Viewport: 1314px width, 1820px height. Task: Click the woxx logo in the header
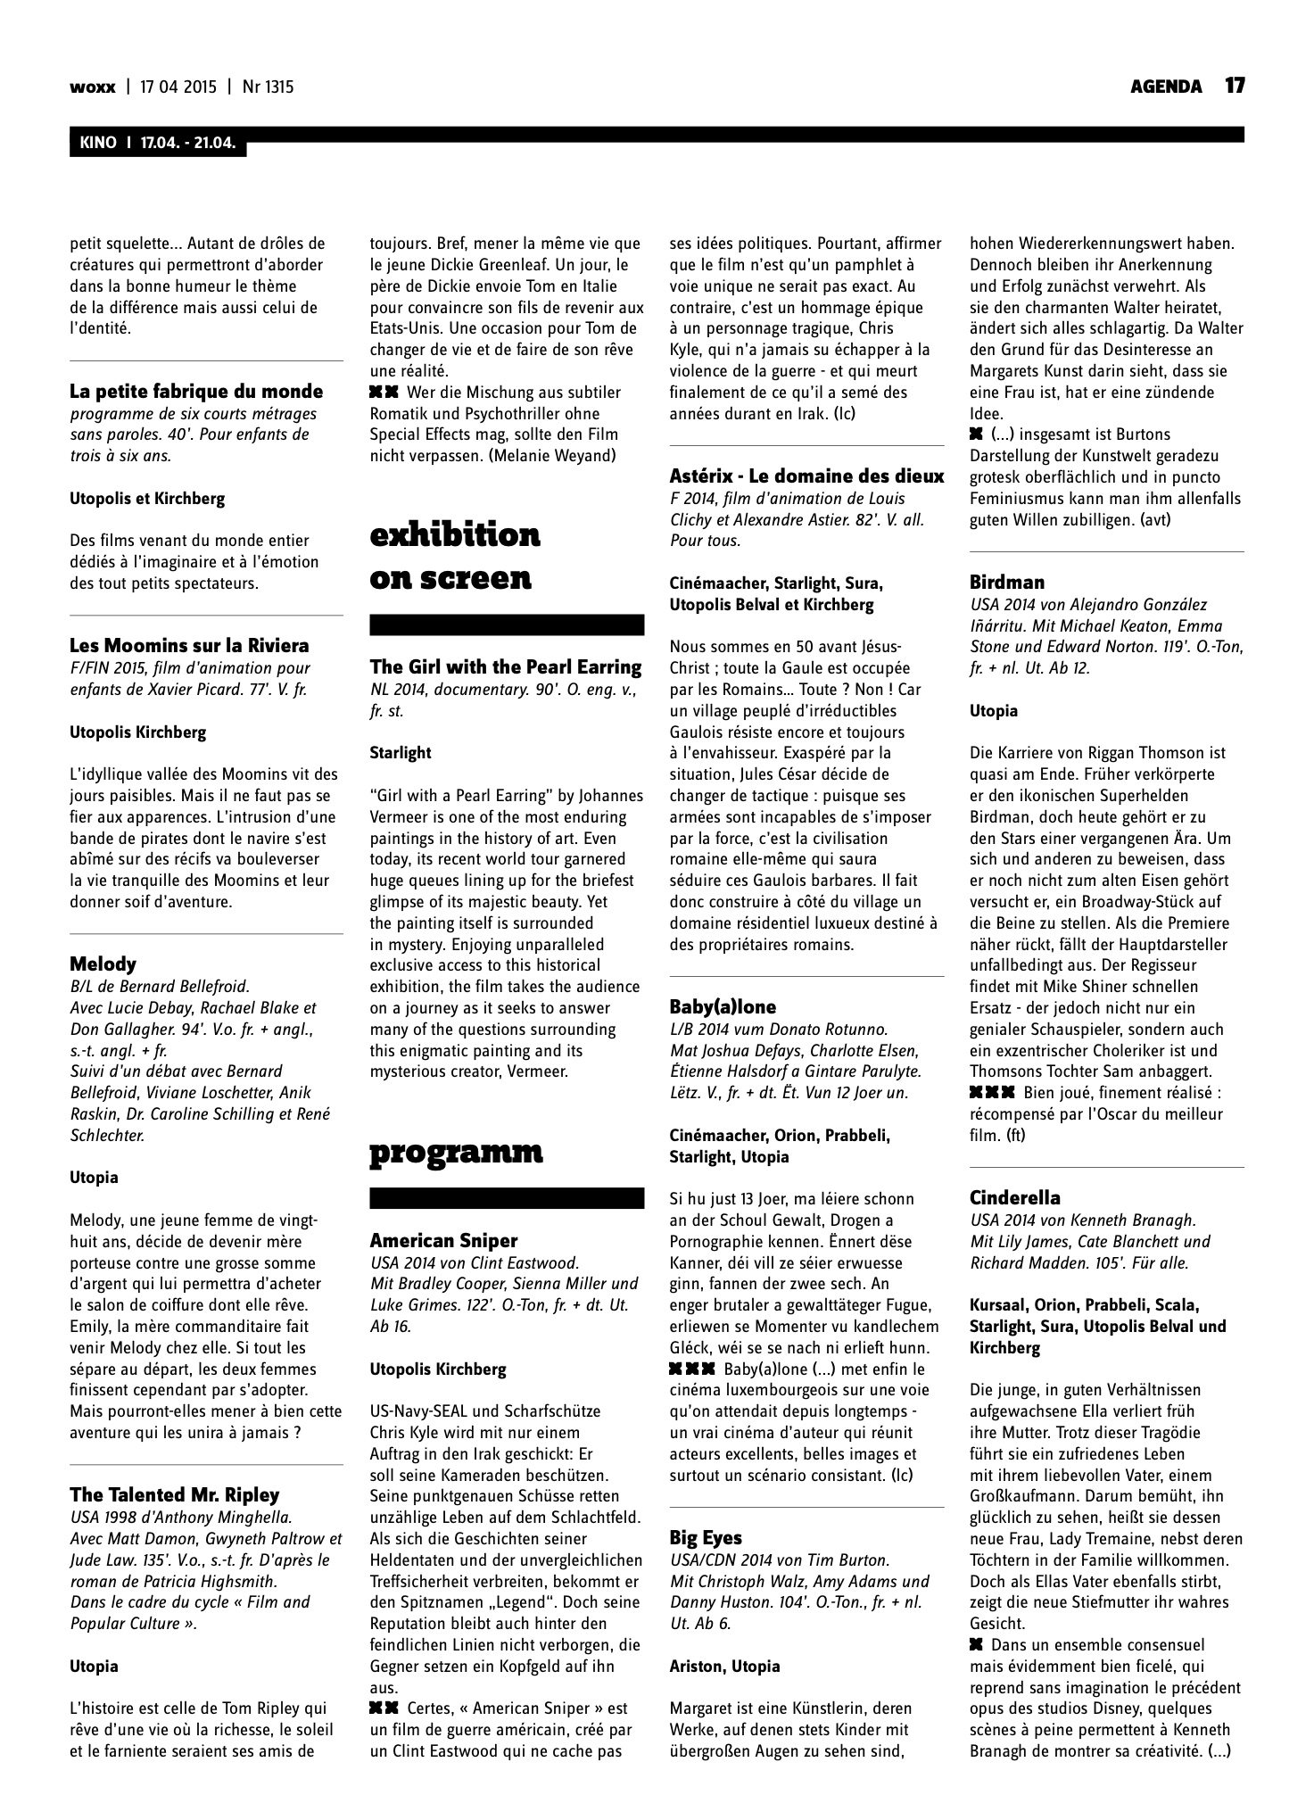93,87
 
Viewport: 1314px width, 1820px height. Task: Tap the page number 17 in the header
1234,86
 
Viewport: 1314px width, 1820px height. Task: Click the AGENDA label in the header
1166,87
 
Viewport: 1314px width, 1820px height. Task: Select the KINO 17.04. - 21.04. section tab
158,144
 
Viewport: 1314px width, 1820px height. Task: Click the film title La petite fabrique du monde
196,392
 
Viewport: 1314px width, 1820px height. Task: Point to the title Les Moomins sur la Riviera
189,645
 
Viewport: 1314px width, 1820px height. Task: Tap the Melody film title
103,964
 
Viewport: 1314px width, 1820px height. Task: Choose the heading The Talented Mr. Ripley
175,1494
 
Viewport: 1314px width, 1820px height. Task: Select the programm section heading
456,1153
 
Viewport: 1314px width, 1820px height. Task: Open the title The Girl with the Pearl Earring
506,666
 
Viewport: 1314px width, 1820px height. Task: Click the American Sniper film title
443,1240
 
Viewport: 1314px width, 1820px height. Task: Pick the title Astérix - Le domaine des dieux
806,476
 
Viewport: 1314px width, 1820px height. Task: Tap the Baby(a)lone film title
723,1007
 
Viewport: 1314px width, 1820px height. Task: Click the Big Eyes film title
706,1537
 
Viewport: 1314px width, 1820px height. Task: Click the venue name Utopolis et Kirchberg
147,499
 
